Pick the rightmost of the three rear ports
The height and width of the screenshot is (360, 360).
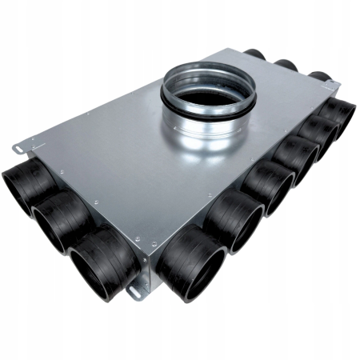pyautogui.click(x=318, y=78)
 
